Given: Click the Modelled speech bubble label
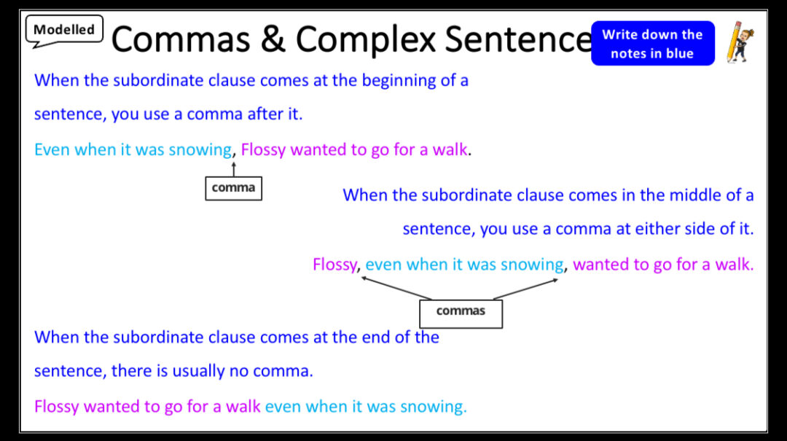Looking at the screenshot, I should click(x=64, y=30).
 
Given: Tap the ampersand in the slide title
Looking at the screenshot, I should click(x=273, y=39).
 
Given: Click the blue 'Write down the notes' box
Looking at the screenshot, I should click(x=652, y=44).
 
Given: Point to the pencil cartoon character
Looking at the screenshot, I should click(x=740, y=42).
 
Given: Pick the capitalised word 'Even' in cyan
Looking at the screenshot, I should click(x=52, y=150).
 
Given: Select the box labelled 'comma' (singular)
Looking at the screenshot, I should click(x=233, y=188).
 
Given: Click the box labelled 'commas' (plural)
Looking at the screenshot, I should click(x=461, y=312).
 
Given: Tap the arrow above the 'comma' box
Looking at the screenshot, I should click(x=234, y=169).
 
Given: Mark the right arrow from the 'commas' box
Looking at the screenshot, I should click(x=525, y=289).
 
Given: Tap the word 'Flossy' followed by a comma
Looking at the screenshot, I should click(x=334, y=265).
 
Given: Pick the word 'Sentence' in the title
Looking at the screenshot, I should click(x=517, y=39).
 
